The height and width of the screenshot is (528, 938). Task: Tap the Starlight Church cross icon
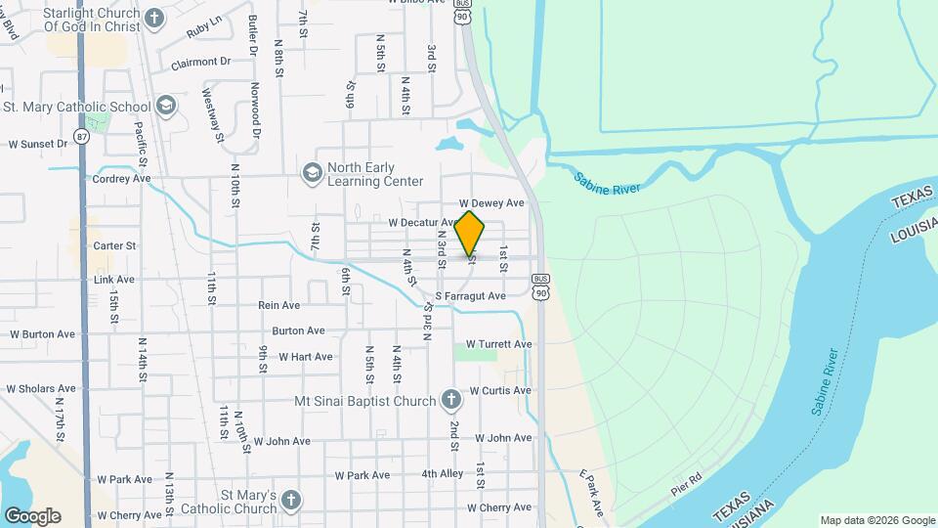click(154, 18)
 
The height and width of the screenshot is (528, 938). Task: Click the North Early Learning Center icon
click(313, 173)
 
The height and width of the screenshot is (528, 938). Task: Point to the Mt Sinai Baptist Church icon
click(450, 400)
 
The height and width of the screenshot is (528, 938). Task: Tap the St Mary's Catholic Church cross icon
click(290, 502)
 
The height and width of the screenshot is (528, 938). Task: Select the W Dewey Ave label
click(498, 203)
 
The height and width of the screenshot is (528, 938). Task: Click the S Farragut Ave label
click(470, 296)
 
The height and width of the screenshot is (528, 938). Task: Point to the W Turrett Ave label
click(498, 344)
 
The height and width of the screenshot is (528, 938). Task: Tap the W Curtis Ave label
click(499, 390)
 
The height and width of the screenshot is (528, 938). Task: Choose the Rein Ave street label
click(278, 306)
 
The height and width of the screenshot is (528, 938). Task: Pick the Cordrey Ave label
click(121, 179)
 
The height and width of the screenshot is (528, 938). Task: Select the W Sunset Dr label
click(38, 144)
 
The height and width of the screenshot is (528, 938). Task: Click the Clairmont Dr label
click(200, 62)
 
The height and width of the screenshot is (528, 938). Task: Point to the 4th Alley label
click(443, 474)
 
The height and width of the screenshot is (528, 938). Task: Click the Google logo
click(32, 515)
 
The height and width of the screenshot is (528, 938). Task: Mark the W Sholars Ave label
click(41, 388)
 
